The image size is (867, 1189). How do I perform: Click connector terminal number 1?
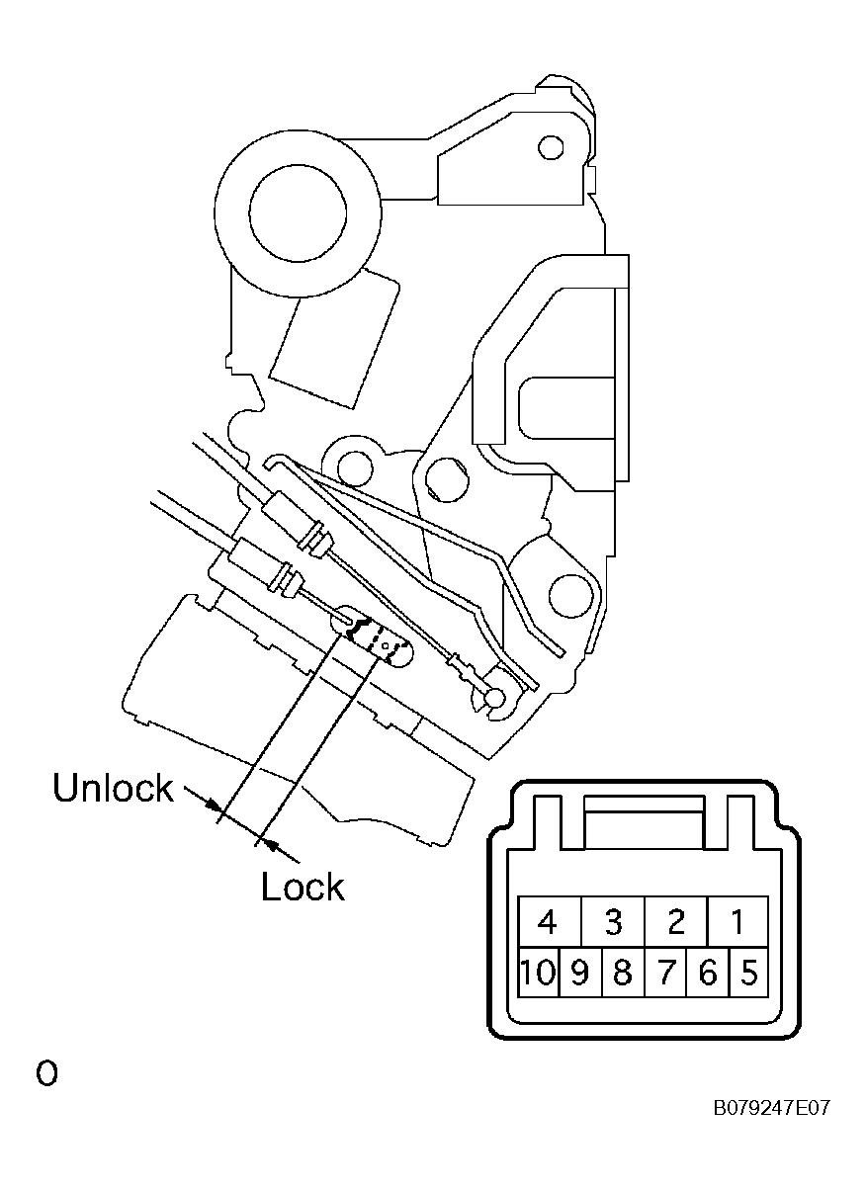tap(737, 921)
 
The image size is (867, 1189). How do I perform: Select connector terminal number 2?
tap(676, 921)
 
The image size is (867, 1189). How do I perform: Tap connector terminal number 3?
tap(613, 921)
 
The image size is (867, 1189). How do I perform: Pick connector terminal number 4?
tap(550, 921)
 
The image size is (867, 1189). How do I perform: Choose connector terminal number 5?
tap(748, 973)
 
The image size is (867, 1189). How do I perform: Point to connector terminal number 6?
tap(708, 973)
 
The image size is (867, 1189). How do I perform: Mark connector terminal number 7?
tap(665, 973)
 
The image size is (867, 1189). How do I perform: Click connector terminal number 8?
tap(623, 973)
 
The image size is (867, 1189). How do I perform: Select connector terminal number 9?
tap(580, 973)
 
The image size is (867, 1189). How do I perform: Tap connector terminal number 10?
tap(539, 973)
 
